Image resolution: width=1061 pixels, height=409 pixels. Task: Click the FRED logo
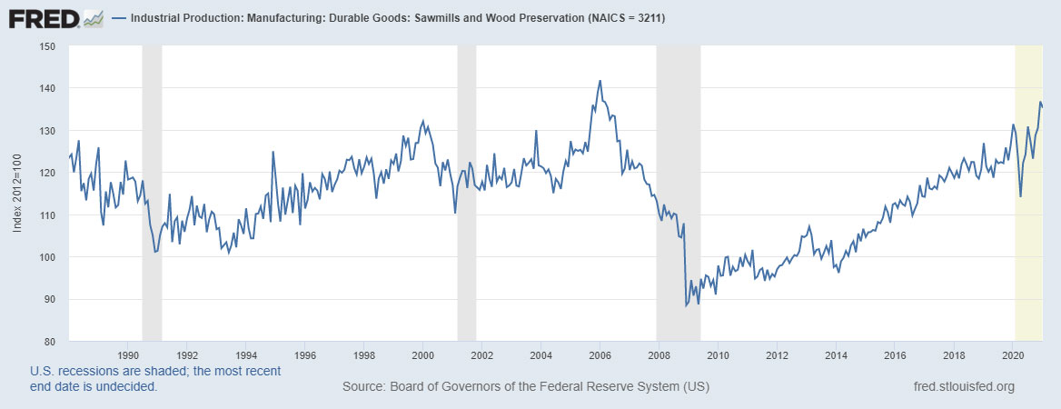[x=43, y=17]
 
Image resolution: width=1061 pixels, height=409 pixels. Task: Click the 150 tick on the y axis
[x=48, y=46]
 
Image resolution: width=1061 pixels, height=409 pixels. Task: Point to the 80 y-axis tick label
[x=51, y=342]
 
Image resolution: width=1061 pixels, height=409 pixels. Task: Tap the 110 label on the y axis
[x=48, y=215]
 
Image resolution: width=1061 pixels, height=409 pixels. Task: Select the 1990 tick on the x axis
[x=128, y=354]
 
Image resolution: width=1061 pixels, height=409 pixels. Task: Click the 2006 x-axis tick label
[x=600, y=354]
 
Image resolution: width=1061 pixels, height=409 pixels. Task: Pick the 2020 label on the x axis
[x=1013, y=354]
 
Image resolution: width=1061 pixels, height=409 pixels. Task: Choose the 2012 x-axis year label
[x=777, y=354]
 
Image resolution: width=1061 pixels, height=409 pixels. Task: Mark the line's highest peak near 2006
[x=600, y=81]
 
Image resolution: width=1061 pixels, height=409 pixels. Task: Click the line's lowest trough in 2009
[x=686, y=305]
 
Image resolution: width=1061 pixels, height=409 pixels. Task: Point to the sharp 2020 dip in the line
[x=1021, y=196]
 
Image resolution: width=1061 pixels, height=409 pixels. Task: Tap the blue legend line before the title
[x=119, y=18]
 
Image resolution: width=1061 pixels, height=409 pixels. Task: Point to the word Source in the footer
[x=364, y=387]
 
